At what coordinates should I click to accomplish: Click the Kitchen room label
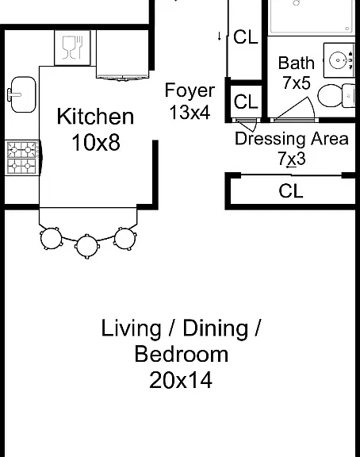click(x=95, y=117)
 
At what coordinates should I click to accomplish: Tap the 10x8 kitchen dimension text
click(x=96, y=143)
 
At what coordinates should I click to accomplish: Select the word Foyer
click(x=190, y=91)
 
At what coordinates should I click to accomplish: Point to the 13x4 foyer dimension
click(x=190, y=112)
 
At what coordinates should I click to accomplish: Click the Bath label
click(x=297, y=63)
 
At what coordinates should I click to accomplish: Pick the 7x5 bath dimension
click(x=297, y=83)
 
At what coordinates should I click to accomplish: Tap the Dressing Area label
click(x=292, y=139)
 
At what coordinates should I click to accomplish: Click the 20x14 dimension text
click(x=181, y=380)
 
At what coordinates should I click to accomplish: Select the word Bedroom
click(x=181, y=355)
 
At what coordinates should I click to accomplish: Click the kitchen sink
click(x=22, y=94)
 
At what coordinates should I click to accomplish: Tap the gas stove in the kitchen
click(x=22, y=158)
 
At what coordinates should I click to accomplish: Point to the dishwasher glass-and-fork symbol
click(x=72, y=48)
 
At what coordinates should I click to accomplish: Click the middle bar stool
click(x=87, y=246)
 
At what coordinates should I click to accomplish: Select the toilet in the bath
click(x=336, y=95)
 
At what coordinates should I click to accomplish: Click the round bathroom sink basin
click(x=339, y=60)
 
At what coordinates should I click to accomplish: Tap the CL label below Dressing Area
click(x=291, y=191)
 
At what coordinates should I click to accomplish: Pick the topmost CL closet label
click(x=246, y=37)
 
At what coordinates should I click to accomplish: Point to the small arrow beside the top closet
click(x=220, y=36)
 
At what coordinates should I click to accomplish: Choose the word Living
click(x=131, y=328)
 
